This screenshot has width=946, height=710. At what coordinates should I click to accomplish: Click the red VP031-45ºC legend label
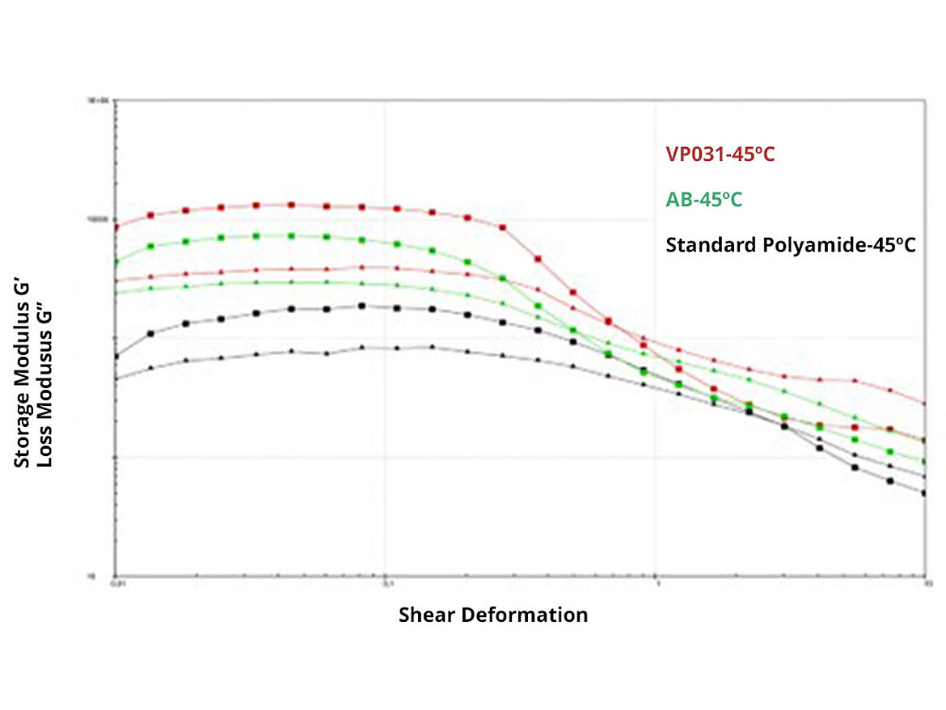point(720,154)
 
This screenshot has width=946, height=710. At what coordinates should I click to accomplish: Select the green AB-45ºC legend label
point(703,199)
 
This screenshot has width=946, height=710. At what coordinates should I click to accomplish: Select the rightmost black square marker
point(925,492)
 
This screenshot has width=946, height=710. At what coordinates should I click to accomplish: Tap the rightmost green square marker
point(925,462)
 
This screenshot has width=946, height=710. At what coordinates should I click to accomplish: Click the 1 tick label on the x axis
point(657,582)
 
